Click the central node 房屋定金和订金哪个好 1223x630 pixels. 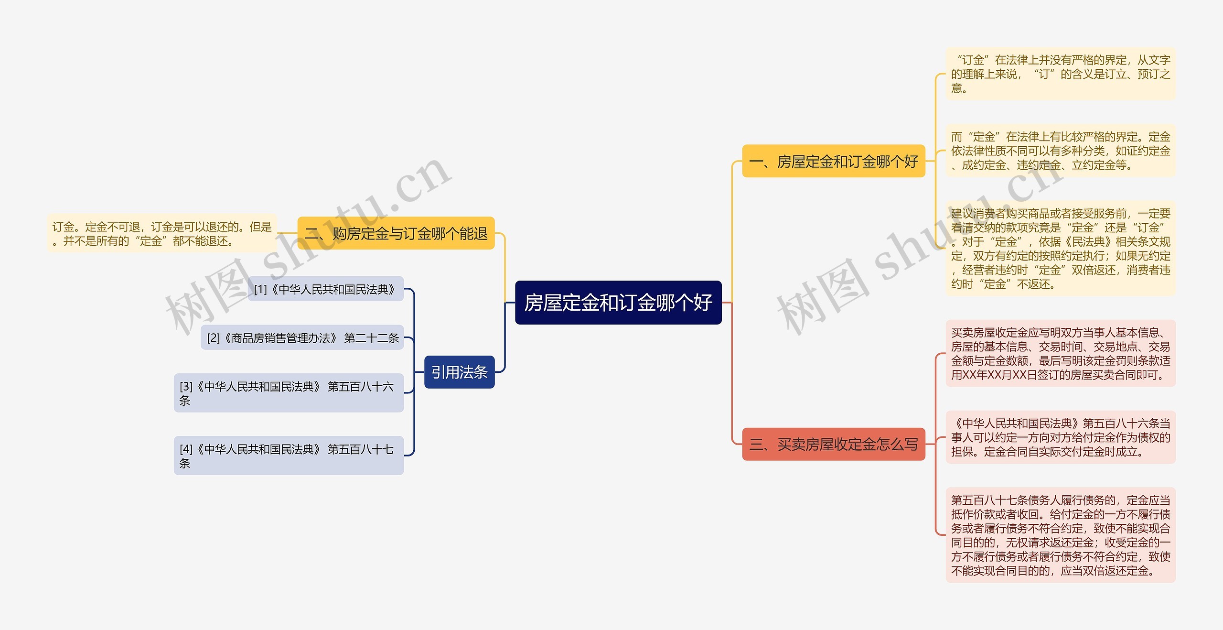pos(618,303)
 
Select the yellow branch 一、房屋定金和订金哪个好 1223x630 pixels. pos(833,162)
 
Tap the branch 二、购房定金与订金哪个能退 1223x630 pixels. pos(396,233)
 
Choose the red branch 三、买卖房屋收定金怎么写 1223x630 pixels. pos(833,445)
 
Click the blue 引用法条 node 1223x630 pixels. pos(459,372)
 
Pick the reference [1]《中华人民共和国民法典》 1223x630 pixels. pos(325,289)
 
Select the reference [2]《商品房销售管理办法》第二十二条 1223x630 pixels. pos(302,338)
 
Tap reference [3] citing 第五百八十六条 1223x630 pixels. pos(289,393)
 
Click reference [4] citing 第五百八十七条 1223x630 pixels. pos(289,456)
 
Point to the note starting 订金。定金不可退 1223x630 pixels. pos(162,233)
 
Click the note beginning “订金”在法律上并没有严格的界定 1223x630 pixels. pos(1060,74)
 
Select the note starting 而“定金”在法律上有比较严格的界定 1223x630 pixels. pos(1060,151)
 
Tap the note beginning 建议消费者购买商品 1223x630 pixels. pos(1060,249)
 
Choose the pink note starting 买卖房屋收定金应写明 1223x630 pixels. pos(1060,354)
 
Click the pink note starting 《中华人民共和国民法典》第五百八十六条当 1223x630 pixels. pos(1060,437)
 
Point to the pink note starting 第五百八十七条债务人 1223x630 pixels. pos(1060,535)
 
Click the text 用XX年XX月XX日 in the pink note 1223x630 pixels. pos(988,375)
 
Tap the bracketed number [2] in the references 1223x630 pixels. pos(213,338)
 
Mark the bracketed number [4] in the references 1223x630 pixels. pos(186,449)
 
